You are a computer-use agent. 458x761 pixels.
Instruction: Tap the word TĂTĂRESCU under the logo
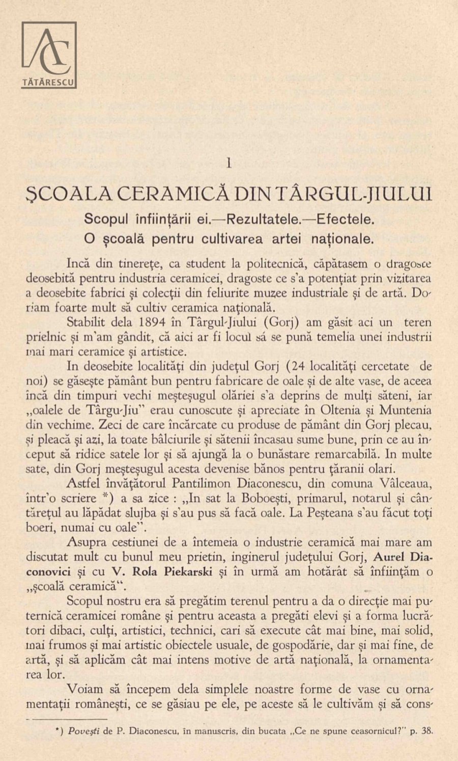click(x=49, y=81)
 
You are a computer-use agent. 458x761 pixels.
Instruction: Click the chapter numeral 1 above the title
click(x=229, y=163)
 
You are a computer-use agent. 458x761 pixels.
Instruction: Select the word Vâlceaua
click(x=405, y=483)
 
